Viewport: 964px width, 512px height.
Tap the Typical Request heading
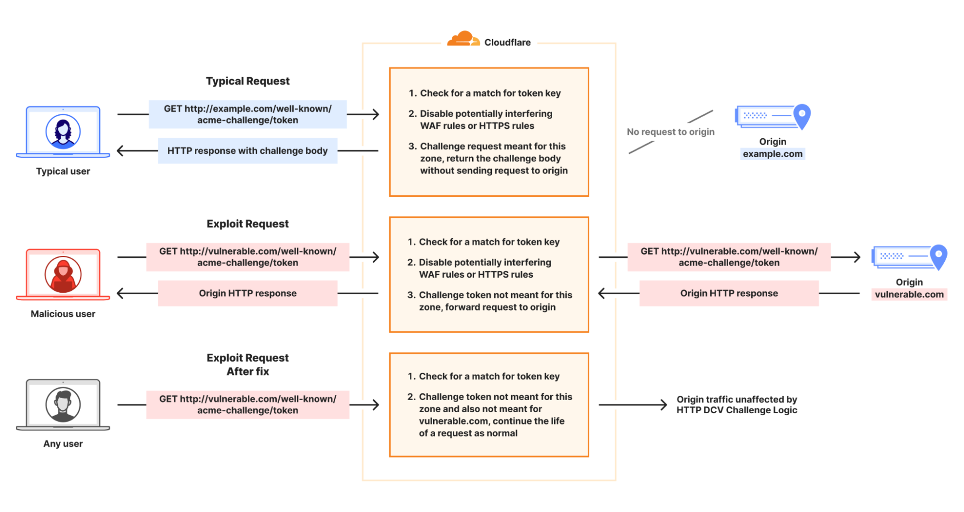(247, 81)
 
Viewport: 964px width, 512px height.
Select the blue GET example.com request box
(247, 114)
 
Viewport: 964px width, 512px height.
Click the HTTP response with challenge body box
(247, 151)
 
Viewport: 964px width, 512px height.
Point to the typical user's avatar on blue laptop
(63, 131)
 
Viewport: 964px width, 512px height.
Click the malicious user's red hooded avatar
(63, 274)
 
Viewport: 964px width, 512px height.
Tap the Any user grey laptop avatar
(63, 404)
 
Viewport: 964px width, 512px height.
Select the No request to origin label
(670, 132)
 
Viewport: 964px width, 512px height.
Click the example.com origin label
(773, 154)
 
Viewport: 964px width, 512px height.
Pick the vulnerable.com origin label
(909, 294)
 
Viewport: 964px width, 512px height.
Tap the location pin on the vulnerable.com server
(938, 256)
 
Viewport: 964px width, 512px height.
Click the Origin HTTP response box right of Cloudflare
(729, 293)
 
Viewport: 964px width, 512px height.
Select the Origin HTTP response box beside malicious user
(247, 293)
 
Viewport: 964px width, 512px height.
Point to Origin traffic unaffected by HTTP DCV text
(736, 404)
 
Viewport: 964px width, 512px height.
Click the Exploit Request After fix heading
(247, 364)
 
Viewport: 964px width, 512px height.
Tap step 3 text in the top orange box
(493, 158)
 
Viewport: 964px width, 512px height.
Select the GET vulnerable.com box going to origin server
(729, 257)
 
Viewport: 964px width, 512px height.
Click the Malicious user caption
(63, 314)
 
